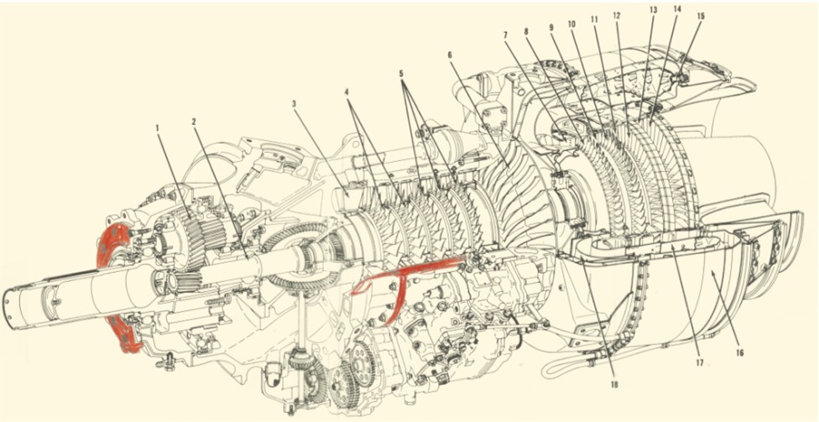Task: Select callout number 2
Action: click(x=194, y=122)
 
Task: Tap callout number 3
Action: click(x=295, y=104)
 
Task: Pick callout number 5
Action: click(x=401, y=74)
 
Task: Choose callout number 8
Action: click(x=528, y=32)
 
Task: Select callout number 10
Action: click(x=571, y=24)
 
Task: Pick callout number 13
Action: click(x=653, y=10)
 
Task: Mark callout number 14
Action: click(x=676, y=8)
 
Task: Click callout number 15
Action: click(x=700, y=16)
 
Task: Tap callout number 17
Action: click(x=698, y=364)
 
